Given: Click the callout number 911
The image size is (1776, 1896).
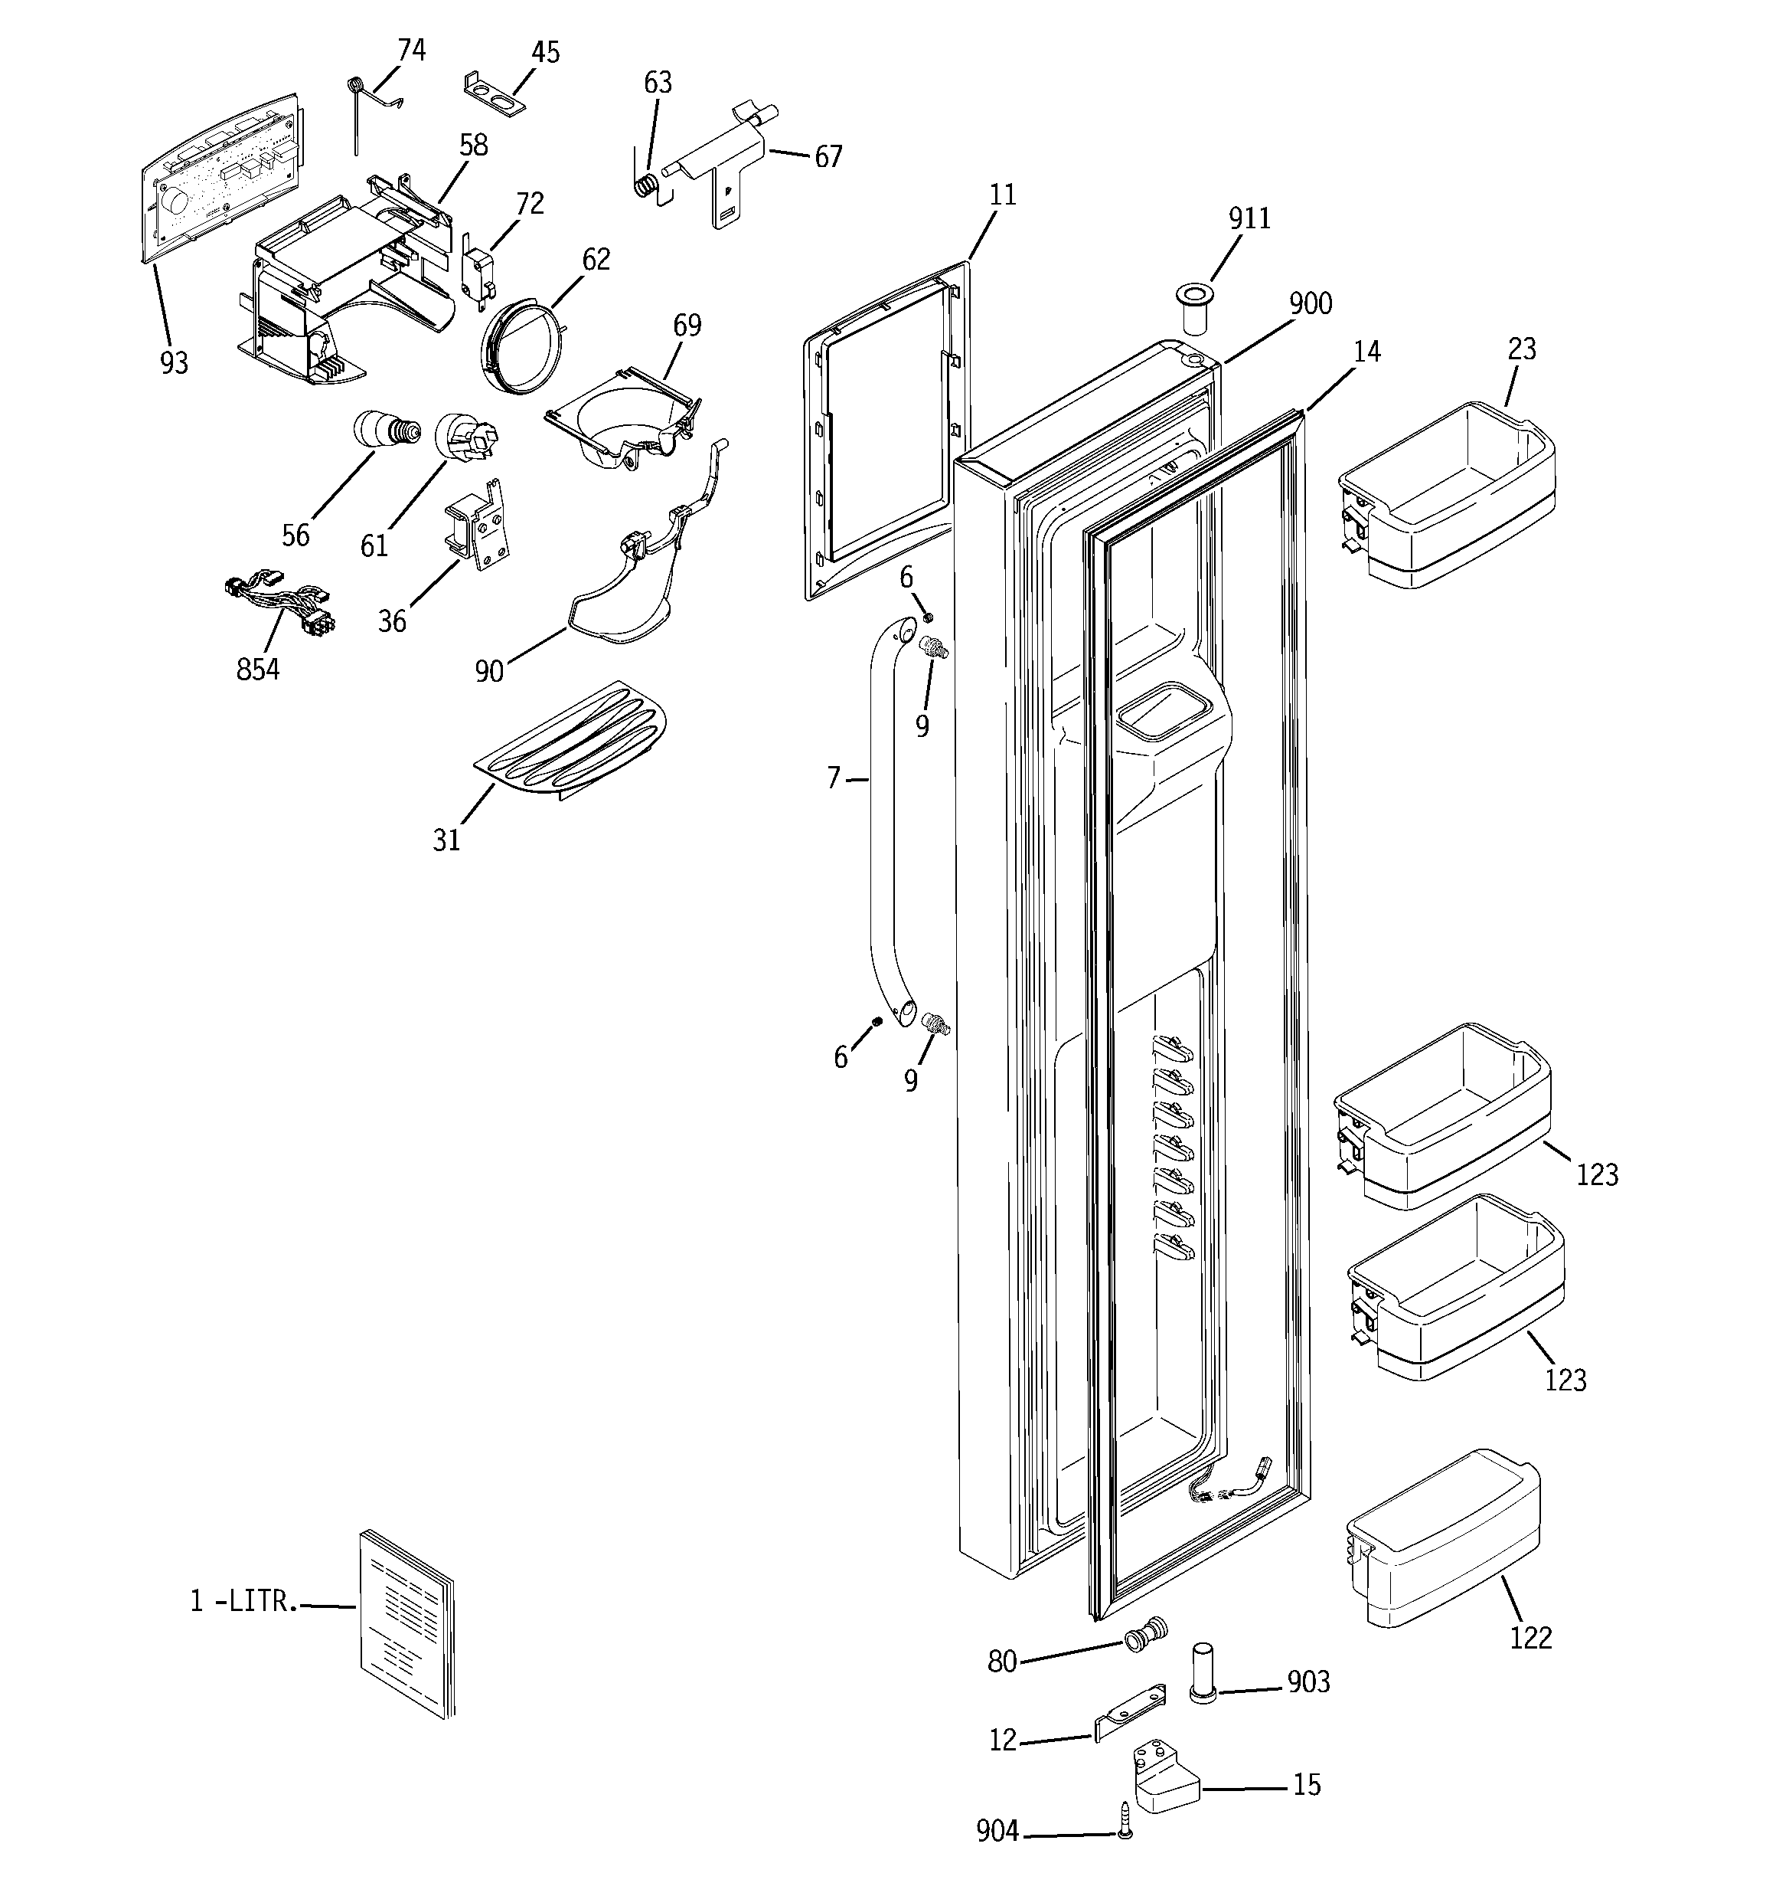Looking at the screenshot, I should (1249, 219).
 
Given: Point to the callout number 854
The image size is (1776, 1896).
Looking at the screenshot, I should (257, 670).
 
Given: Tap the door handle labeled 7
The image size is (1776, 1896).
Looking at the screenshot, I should (874, 820).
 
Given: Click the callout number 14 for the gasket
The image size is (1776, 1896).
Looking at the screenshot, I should (1366, 352).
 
